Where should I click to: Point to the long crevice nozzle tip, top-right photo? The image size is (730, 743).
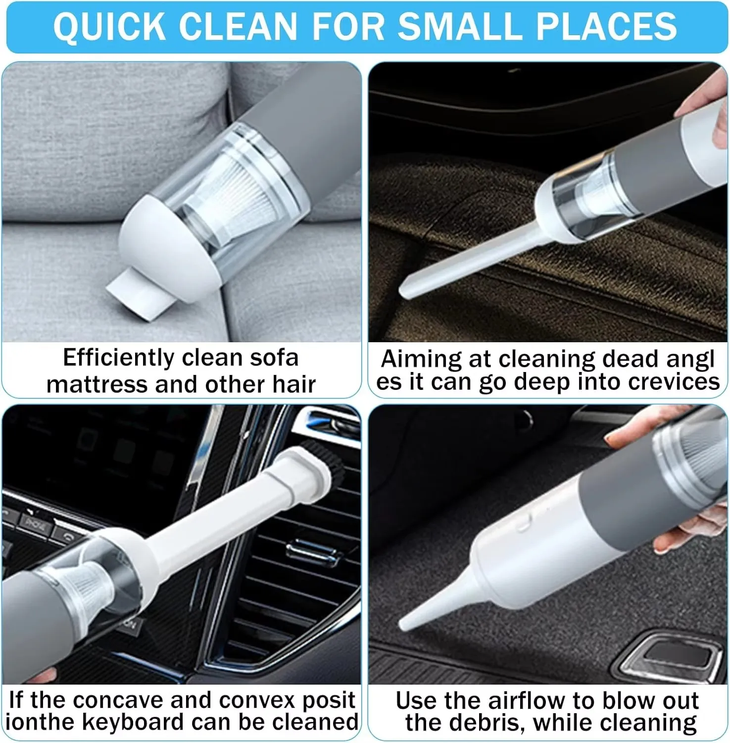[x=406, y=292]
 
